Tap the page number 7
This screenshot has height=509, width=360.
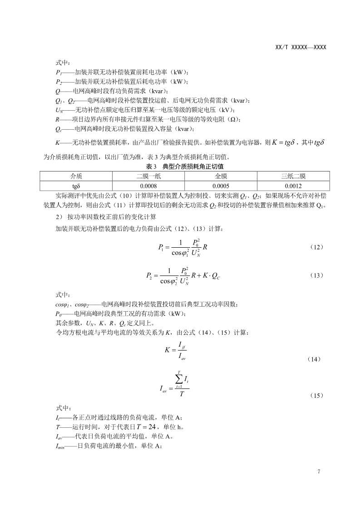(319, 471)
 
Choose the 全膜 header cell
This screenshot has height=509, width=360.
(221, 176)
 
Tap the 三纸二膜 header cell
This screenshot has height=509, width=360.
(293, 176)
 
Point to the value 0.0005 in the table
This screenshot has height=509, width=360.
(221, 186)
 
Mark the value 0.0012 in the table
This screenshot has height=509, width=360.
(293, 186)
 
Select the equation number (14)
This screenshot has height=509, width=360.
(314, 359)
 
